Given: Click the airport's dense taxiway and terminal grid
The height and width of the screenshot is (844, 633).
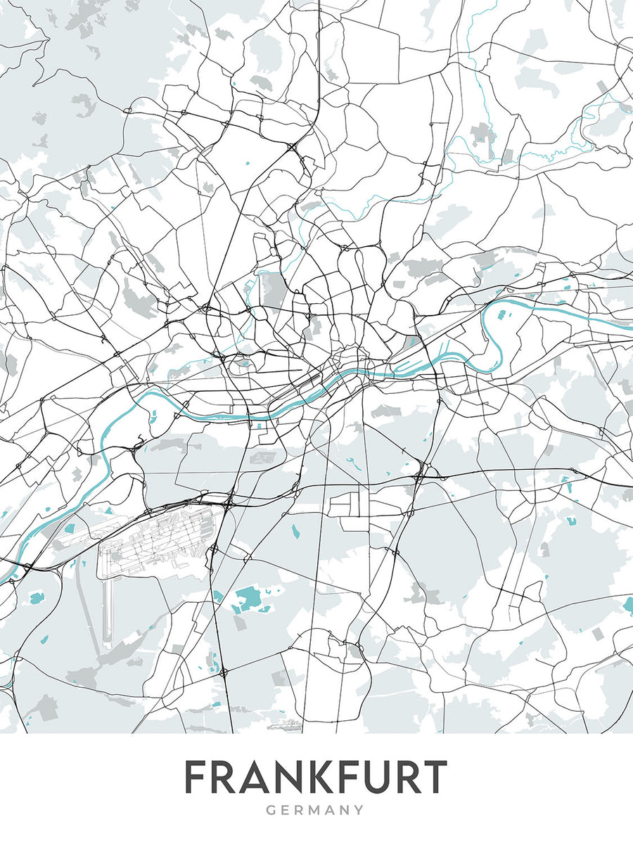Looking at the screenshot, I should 158,542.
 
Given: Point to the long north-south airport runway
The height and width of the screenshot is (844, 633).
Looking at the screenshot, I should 108,605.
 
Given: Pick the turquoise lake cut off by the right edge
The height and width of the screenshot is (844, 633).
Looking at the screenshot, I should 628,603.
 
